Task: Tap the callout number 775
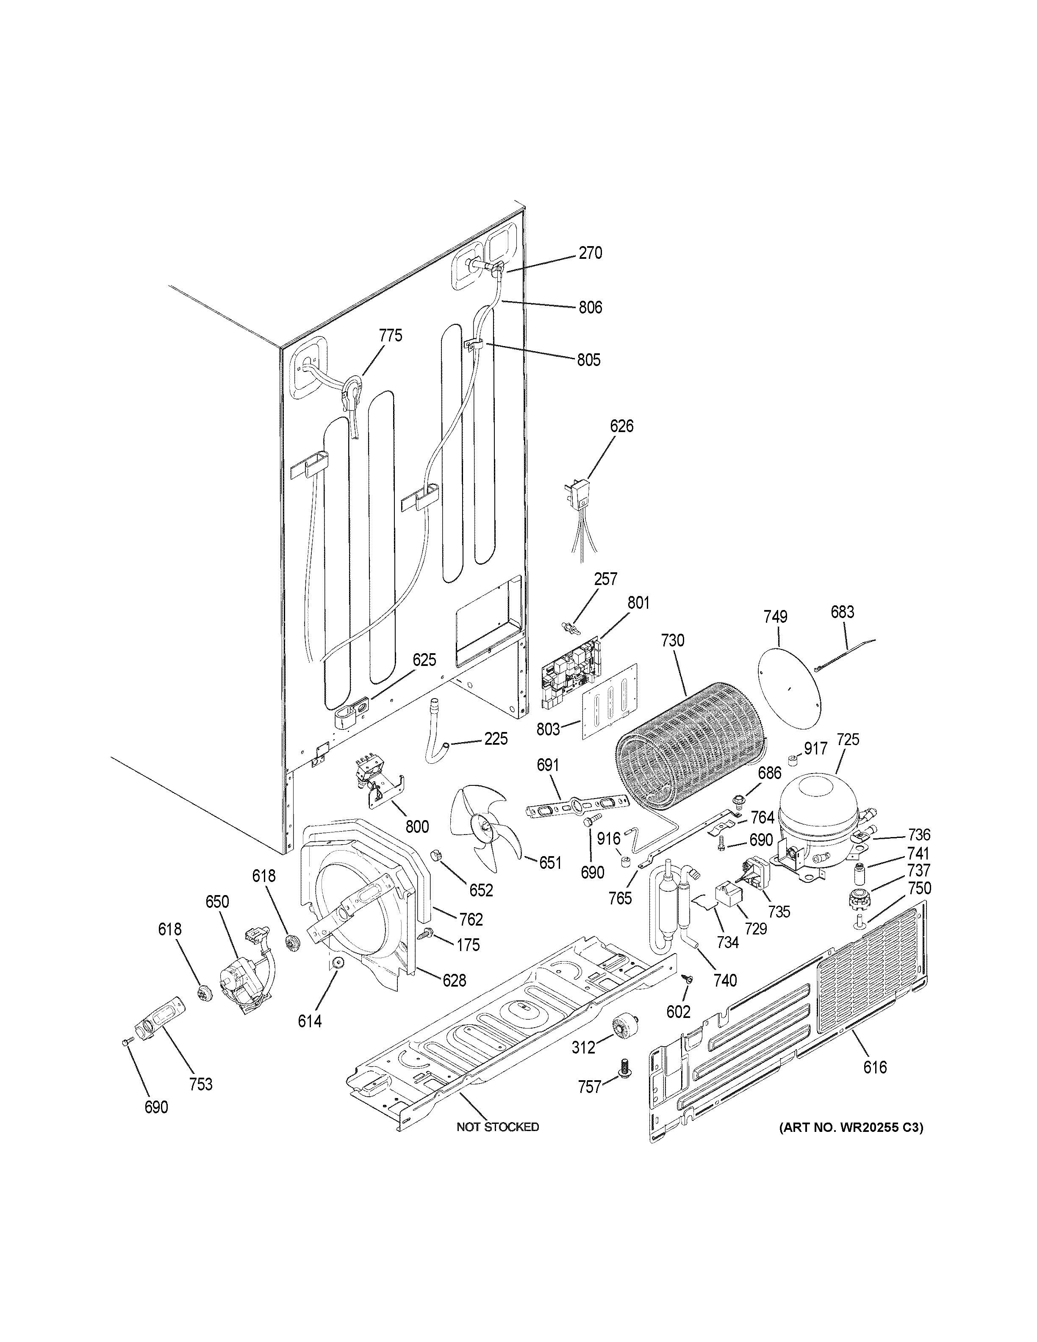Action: pyautogui.click(x=390, y=335)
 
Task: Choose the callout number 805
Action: pyautogui.click(x=588, y=360)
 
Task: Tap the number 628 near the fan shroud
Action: pyautogui.click(x=454, y=981)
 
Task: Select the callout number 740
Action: pyautogui.click(x=725, y=981)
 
